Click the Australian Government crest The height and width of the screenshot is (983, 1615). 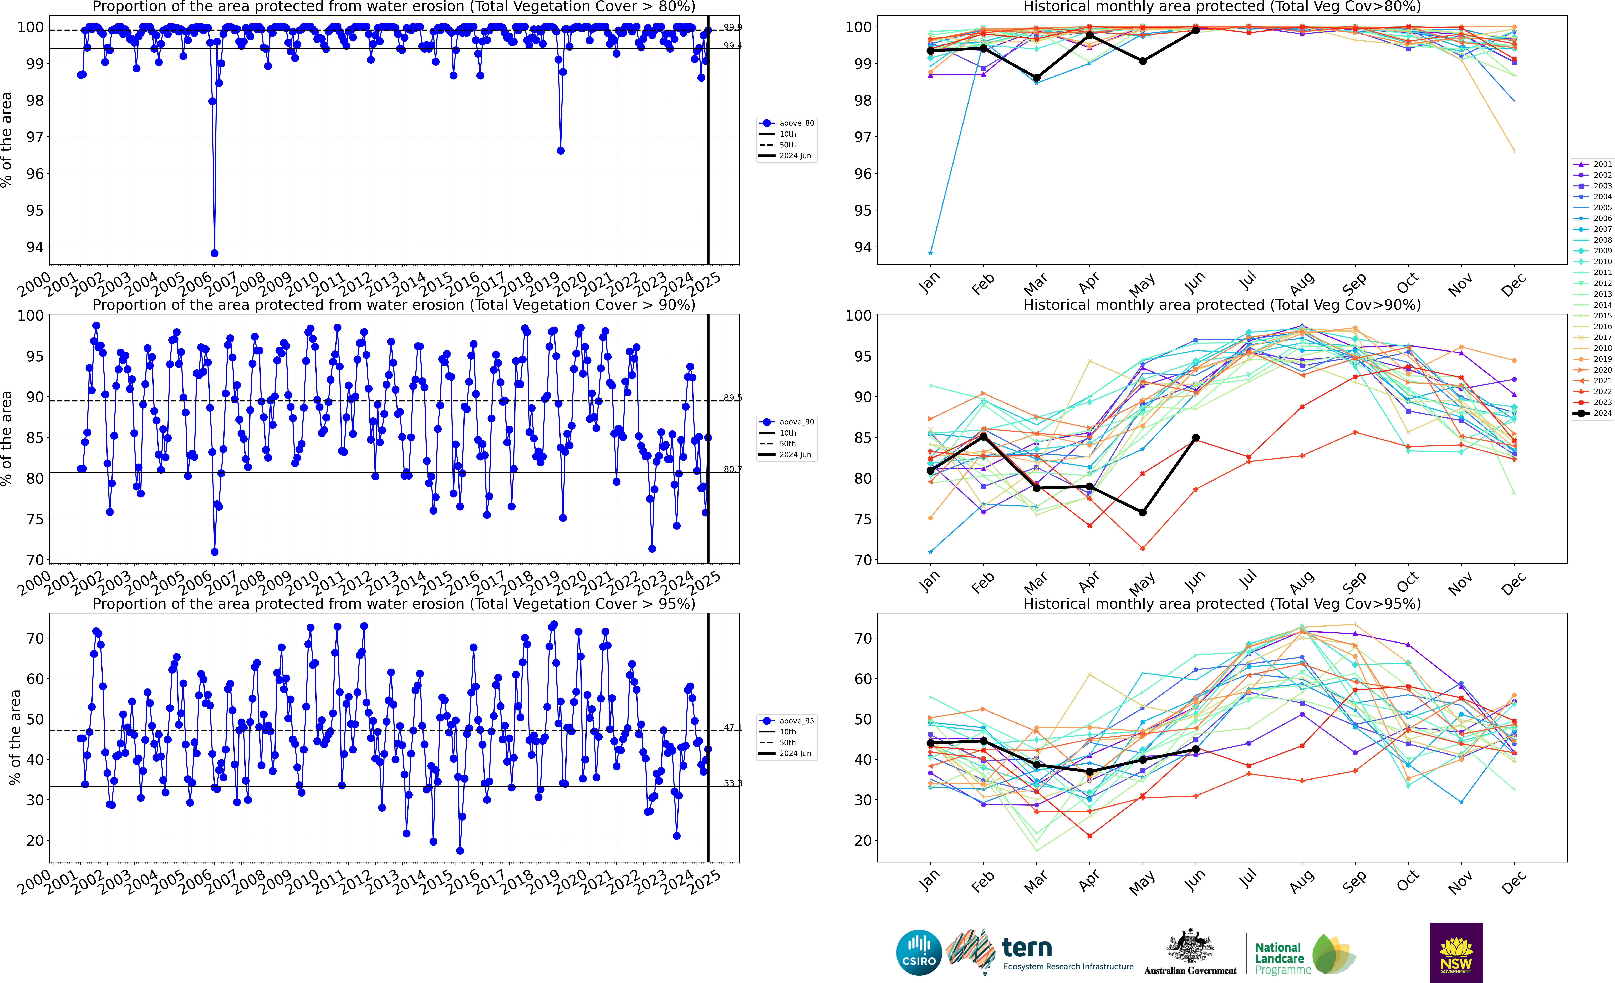pos(1190,947)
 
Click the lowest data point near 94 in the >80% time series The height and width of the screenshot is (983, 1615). pos(214,253)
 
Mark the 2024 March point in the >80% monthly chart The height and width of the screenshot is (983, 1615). pos(1036,78)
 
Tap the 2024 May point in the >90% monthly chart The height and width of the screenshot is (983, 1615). pos(1142,512)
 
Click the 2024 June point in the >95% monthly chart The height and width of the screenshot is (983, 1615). pos(1195,749)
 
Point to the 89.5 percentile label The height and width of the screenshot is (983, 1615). pos(733,398)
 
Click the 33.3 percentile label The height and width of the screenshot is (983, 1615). pos(733,783)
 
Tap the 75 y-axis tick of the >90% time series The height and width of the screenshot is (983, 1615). pos(35,519)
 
